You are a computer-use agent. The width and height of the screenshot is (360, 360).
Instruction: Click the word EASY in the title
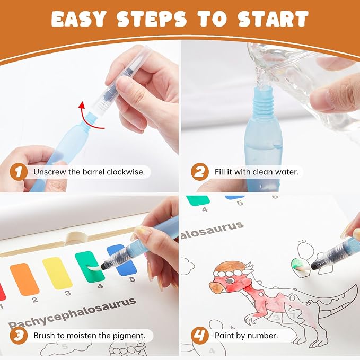click(x=79, y=19)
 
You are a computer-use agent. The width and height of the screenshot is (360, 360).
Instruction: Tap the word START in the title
click(x=273, y=19)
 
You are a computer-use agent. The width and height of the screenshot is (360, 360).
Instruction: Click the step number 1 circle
click(x=19, y=172)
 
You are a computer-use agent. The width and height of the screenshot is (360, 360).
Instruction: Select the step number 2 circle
click(x=200, y=172)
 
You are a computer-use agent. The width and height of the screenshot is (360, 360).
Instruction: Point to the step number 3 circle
click(x=19, y=336)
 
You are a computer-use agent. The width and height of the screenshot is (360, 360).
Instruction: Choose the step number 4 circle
click(x=200, y=336)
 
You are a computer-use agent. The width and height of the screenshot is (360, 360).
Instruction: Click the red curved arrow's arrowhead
click(x=82, y=106)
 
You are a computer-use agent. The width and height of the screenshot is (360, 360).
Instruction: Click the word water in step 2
click(x=288, y=172)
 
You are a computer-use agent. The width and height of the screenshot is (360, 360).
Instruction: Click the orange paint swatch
click(x=24, y=279)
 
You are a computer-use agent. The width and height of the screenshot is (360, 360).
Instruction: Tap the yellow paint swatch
click(x=57, y=273)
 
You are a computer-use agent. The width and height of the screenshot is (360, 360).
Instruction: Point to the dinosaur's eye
click(x=230, y=280)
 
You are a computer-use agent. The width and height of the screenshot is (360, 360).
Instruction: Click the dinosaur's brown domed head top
click(x=232, y=267)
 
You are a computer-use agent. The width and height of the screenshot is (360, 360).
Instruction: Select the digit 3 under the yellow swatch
click(x=67, y=293)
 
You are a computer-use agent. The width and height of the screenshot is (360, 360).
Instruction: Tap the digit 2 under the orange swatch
click(x=35, y=300)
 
